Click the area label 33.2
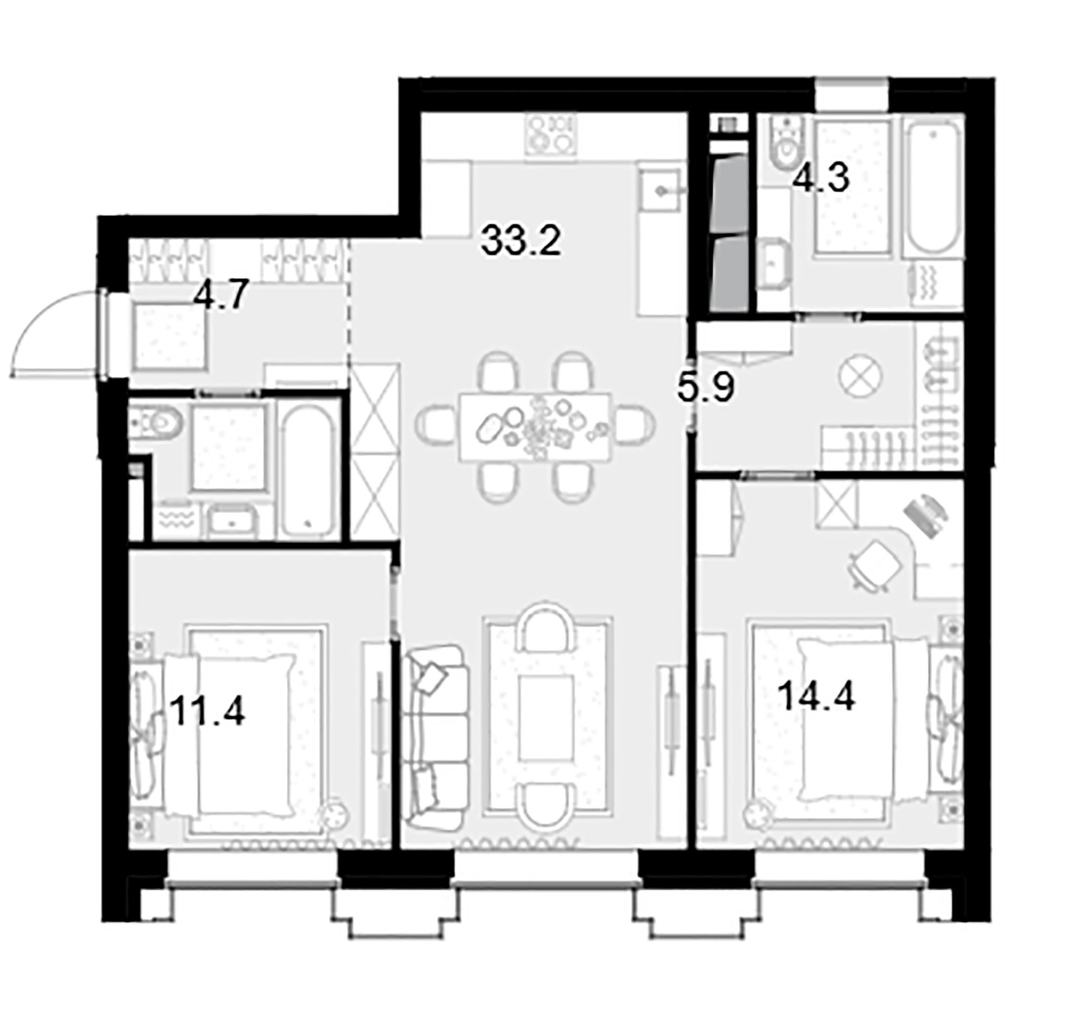pyautogui.click(x=520, y=241)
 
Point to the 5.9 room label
pyautogui.click(x=705, y=388)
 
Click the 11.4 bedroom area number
pyautogui.click(x=207, y=711)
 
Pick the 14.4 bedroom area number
pyautogui.click(x=816, y=696)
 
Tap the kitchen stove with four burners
pyautogui.click(x=550, y=134)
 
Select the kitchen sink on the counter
pyautogui.click(x=662, y=191)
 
